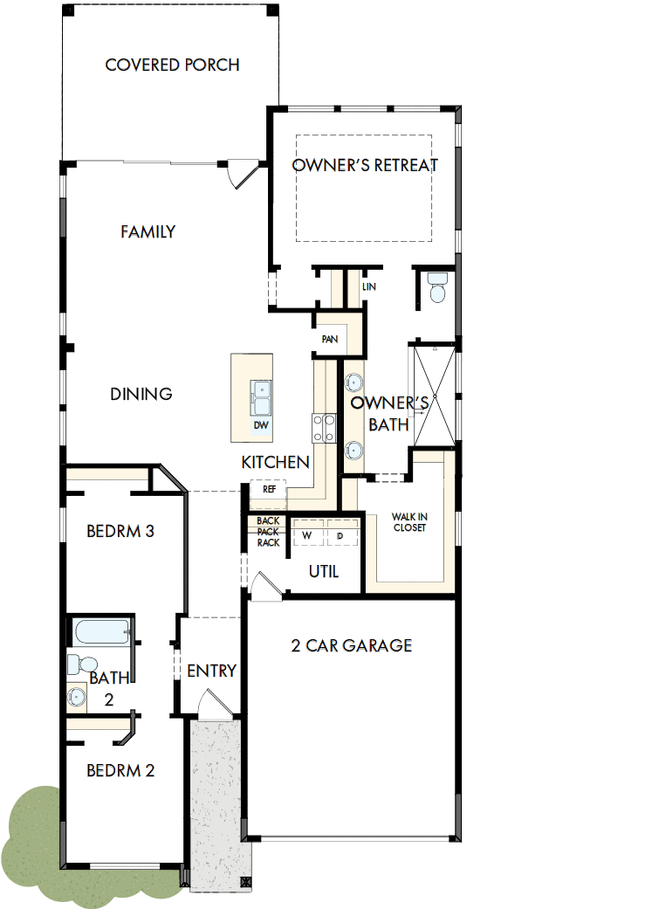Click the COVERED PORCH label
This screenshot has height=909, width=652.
coord(172,65)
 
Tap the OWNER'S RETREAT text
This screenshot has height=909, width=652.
coord(365,165)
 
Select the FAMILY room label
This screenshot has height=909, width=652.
coord(148,231)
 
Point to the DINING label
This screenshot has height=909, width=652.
coord(141,394)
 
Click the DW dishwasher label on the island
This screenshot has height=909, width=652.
coord(260,426)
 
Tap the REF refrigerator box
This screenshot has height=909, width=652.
coord(269,490)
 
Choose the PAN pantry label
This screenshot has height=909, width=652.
coord(329,340)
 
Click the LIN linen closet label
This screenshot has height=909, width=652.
coord(368,286)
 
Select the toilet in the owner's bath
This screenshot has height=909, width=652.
coord(437,287)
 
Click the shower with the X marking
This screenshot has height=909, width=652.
coord(434,396)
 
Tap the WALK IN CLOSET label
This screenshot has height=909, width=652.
coord(408,522)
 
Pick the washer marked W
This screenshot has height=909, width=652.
coord(307,534)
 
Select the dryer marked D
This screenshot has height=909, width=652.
coord(340,534)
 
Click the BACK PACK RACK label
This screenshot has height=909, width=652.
coord(268,532)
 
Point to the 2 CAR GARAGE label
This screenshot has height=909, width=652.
coord(351,645)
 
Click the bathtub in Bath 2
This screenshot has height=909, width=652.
coord(100,631)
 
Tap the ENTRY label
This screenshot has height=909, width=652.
coord(211,671)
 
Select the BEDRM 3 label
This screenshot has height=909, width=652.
coord(120,531)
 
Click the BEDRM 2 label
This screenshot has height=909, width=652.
coord(120,770)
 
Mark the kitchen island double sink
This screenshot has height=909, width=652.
coord(260,397)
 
